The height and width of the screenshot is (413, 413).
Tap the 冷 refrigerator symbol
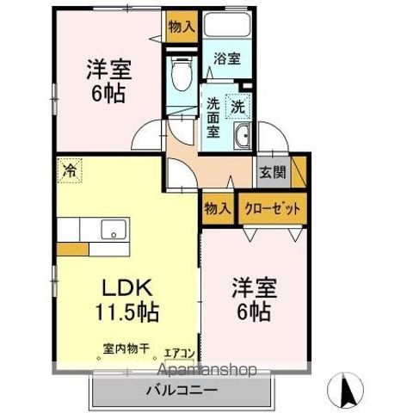pyautogui.click(x=67, y=170)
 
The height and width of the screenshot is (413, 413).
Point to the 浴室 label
pyautogui.click(x=228, y=59)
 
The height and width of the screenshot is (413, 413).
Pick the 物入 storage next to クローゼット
pyautogui.click(x=217, y=208)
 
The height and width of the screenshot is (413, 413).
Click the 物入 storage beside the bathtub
pyautogui.click(x=182, y=26)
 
